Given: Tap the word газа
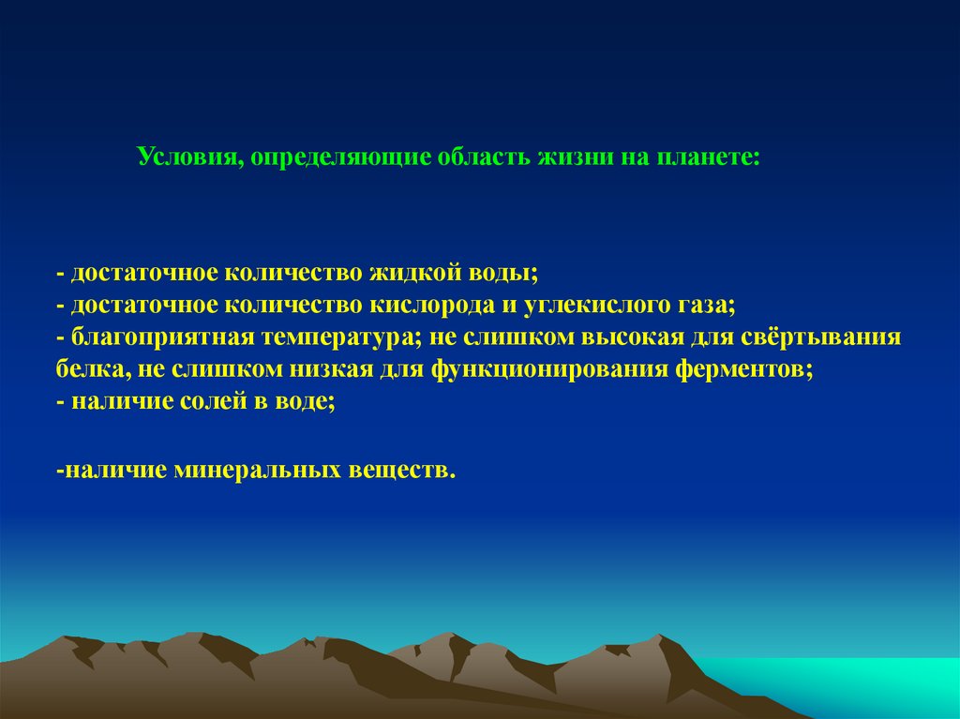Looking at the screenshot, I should (x=703, y=306).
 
